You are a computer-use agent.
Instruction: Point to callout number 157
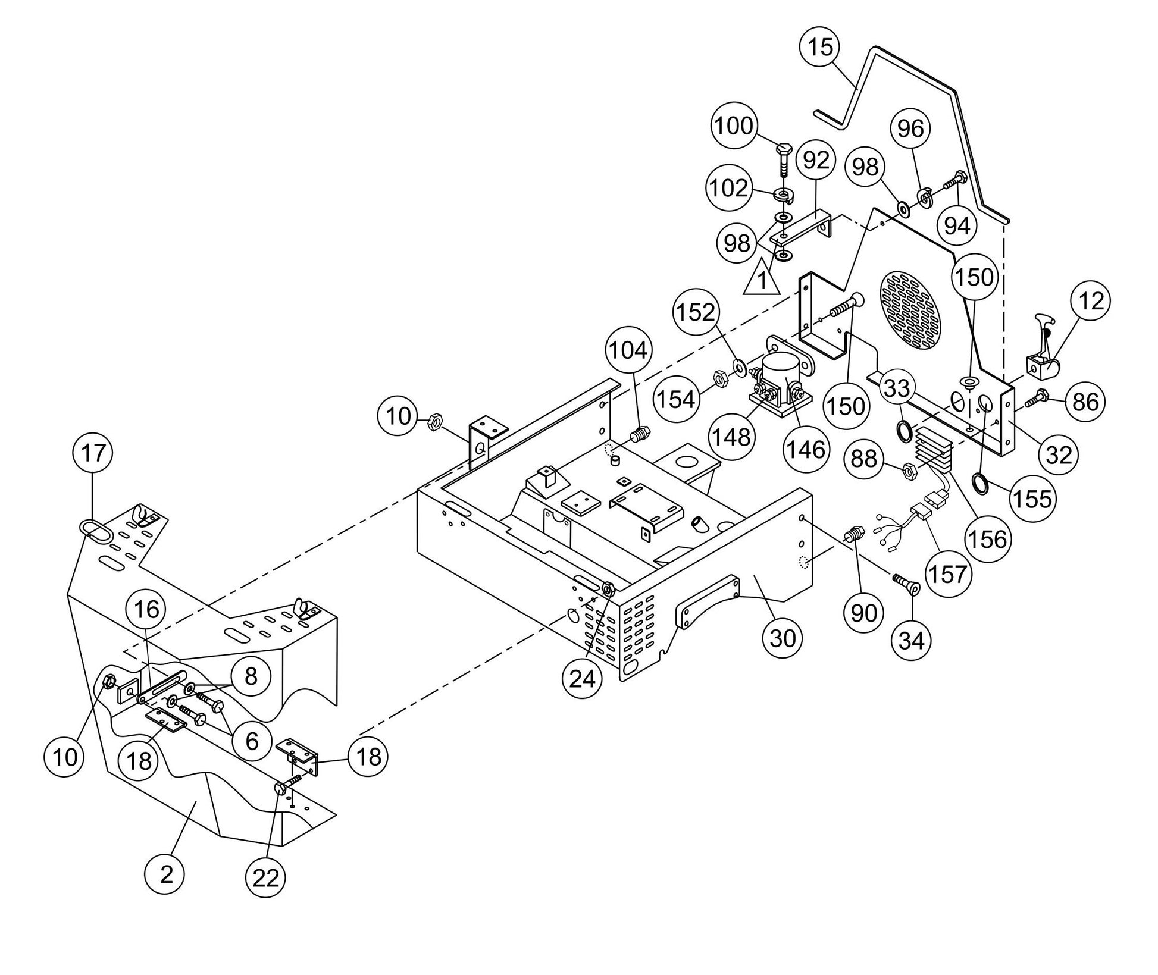click(x=949, y=574)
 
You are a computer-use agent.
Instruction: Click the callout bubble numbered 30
click(x=783, y=638)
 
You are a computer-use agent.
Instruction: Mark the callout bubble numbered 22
click(x=265, y=877)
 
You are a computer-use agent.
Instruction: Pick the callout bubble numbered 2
click(x=167, y=874)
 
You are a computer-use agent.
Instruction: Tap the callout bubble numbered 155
click(x=1034, y=499)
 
